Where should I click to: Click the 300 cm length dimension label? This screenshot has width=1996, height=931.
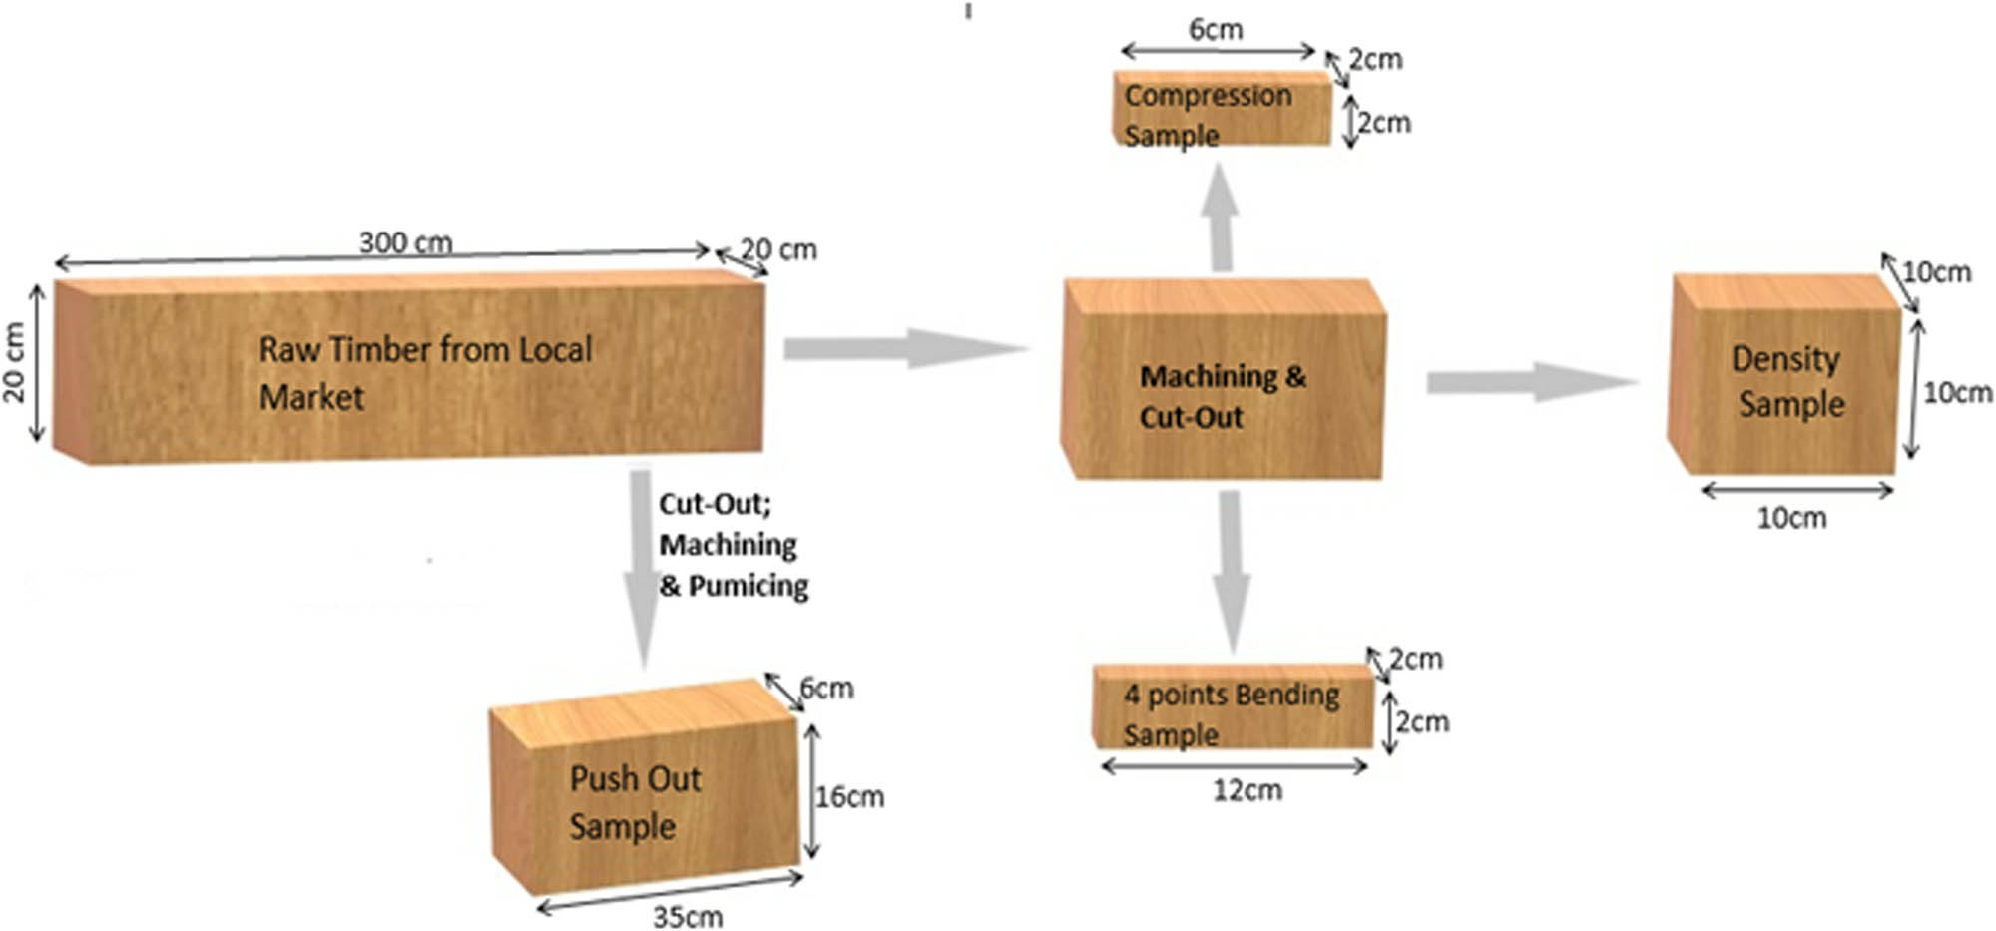405,242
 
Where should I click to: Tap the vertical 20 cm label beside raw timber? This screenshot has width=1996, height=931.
15,362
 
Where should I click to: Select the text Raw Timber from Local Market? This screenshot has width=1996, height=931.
424,373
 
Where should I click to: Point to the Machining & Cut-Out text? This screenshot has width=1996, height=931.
1222,396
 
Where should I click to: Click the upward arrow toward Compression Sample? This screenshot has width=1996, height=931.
1220,220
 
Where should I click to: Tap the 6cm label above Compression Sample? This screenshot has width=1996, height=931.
1216,29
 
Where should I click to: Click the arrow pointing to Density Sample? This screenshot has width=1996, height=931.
1532,383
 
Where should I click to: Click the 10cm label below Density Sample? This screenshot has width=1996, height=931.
1791,518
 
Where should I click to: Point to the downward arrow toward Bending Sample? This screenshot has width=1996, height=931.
1232,569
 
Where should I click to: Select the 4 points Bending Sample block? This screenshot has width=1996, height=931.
1234,707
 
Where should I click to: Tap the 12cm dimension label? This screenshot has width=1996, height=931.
1247,791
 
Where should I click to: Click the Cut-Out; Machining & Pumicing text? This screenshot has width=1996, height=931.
732,545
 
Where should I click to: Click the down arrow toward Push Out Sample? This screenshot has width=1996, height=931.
643,569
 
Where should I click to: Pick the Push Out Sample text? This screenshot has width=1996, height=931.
634,802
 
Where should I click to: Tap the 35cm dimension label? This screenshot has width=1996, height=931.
687,916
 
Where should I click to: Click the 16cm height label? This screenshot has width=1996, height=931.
850,796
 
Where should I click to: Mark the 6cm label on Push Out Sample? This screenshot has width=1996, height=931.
827,688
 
